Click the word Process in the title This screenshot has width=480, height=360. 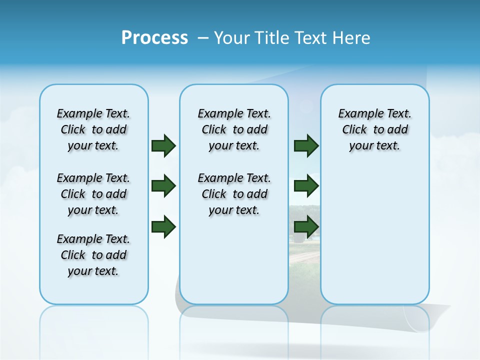click(154, 38)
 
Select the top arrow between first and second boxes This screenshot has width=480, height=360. click(163, 145)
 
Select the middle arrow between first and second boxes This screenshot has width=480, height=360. click(163, 186)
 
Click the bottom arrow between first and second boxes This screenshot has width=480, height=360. click(163, 227)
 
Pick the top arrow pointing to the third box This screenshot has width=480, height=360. click(306, 145)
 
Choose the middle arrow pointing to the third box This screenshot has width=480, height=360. click(306, 186)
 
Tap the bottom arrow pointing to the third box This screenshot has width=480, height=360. click(306, 227)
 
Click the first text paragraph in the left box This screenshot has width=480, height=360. click(93, 129)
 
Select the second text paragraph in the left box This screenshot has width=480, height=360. click(93, 194)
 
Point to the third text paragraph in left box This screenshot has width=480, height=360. click(93, 255)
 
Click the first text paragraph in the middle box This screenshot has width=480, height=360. click(234, 129)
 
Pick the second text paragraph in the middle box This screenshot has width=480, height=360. click(234, 194)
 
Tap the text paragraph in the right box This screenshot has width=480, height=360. click(374, 129)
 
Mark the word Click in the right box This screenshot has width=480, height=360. click(354, 130)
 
